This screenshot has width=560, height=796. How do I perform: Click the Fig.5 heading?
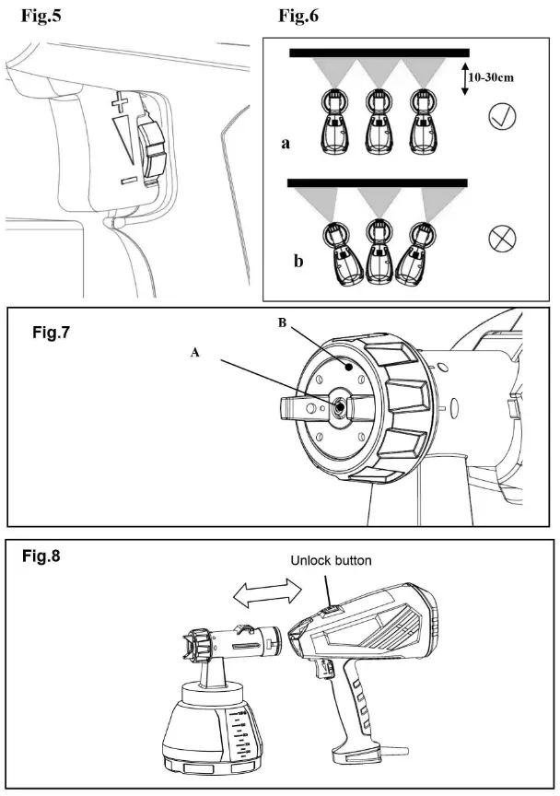(x=41, y=16)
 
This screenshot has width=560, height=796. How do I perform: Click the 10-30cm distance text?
(x=490, y=78)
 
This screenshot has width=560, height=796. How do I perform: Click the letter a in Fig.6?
(x=286, y=144)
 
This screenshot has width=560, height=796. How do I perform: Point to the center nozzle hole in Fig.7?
(x=341, y=404)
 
